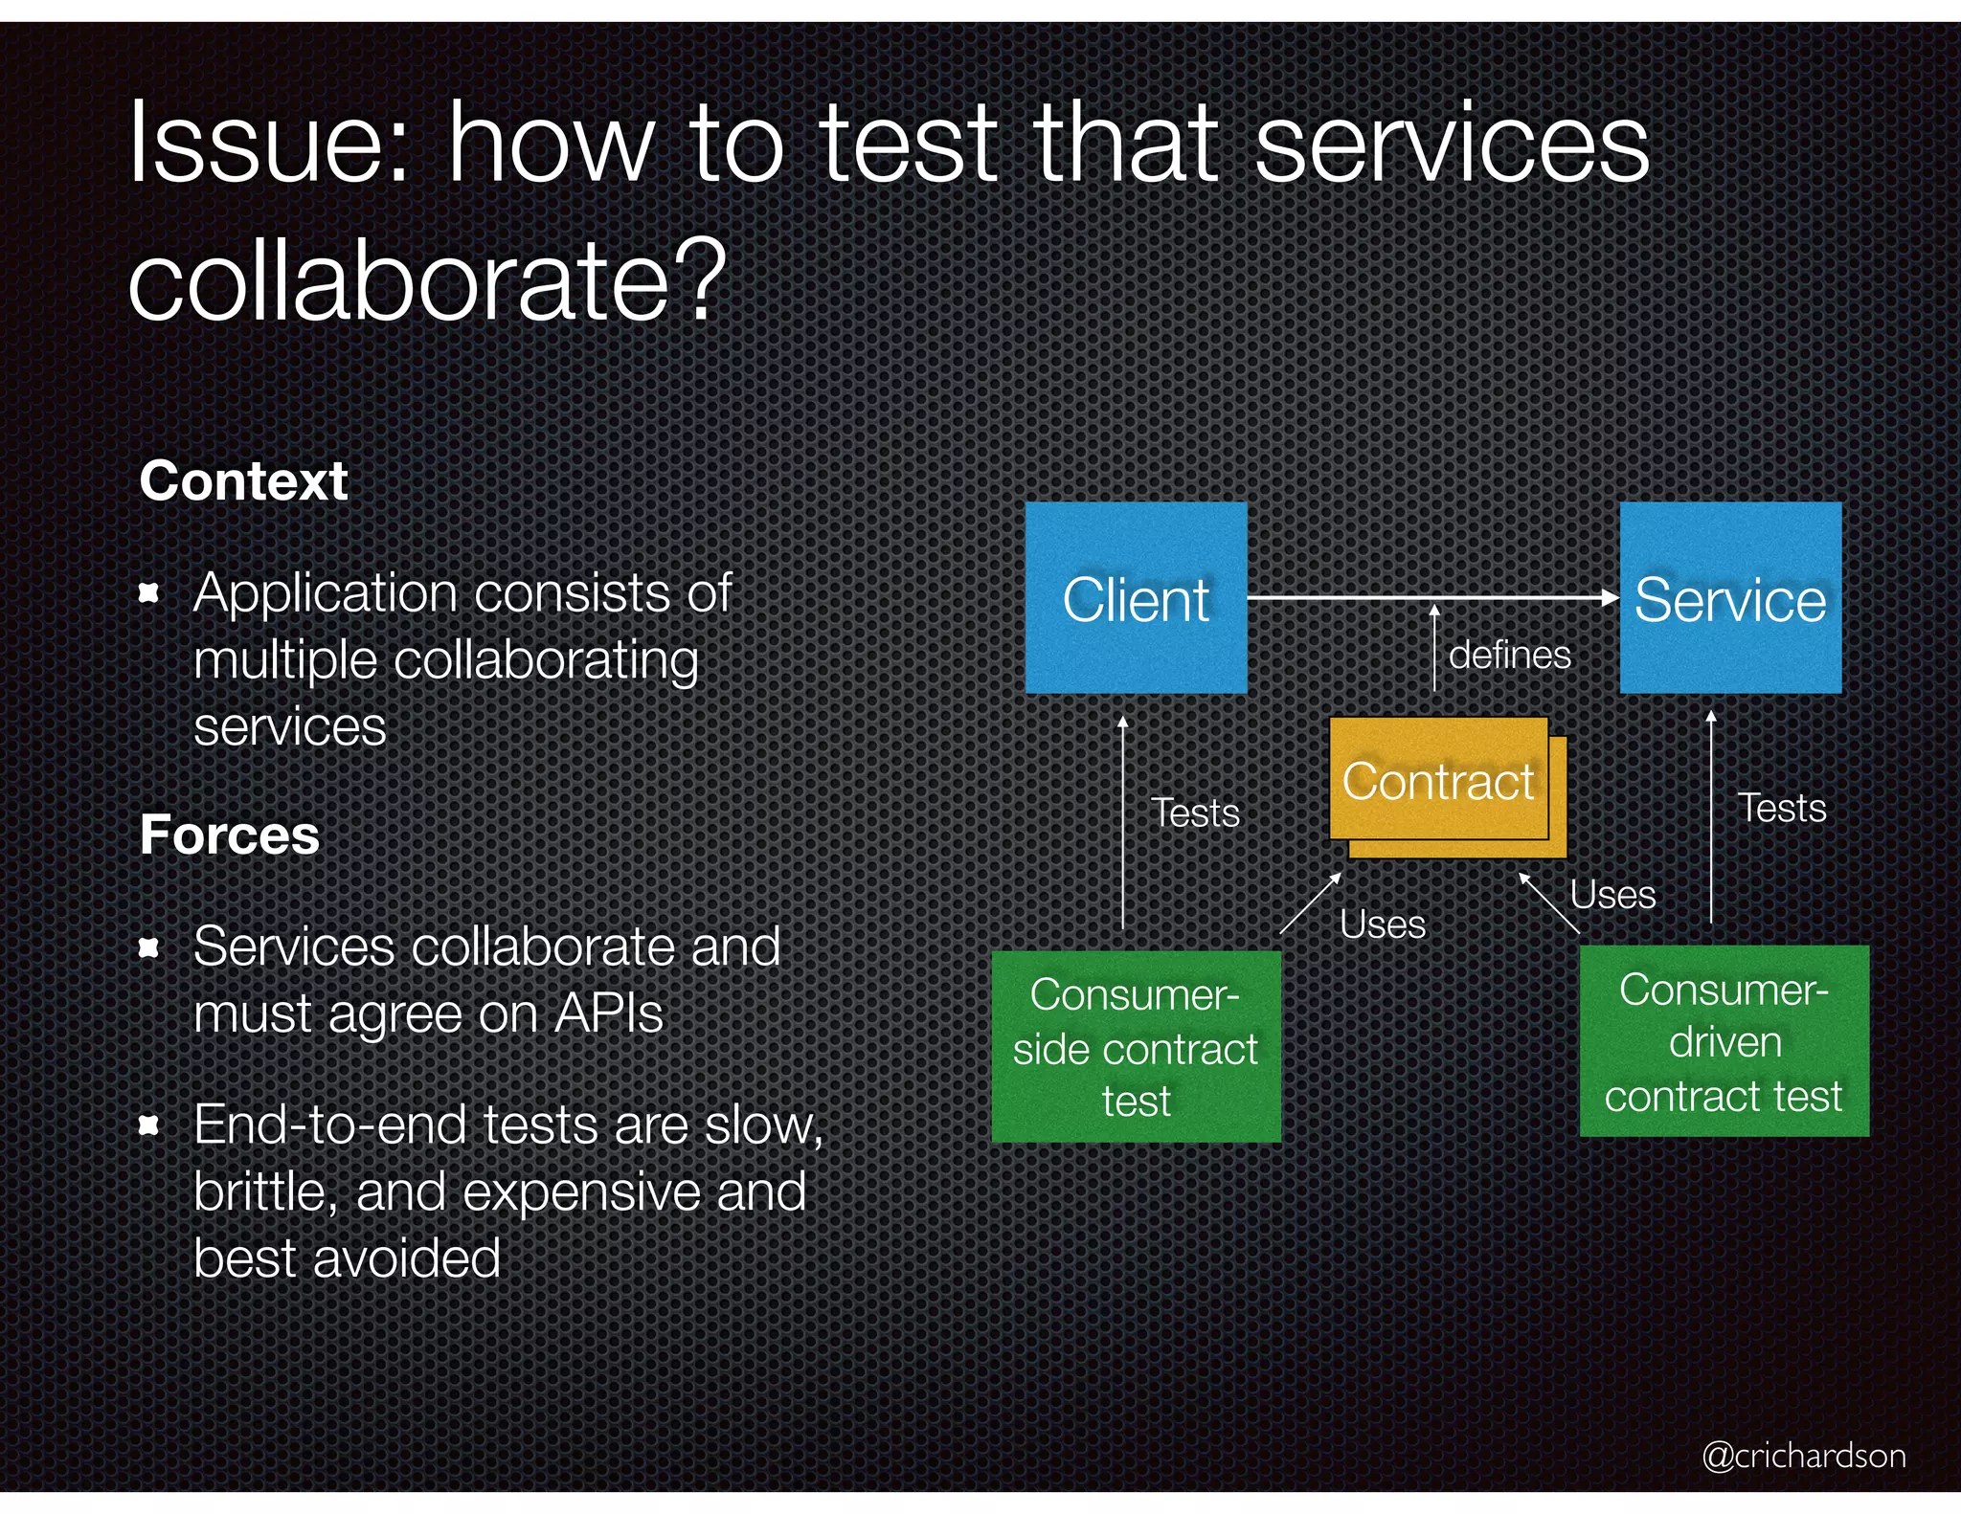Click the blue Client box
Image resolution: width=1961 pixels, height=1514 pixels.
tap(1136, 598)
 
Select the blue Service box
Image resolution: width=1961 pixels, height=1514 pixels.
tap(1729, 598)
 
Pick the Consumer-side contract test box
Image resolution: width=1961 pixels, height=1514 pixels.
tap(1136, 1046)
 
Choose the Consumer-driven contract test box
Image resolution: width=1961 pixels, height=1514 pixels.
tap(1724, 1041)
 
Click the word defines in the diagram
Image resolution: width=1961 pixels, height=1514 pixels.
tap(1509, 656)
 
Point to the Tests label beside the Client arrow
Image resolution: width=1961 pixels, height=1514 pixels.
tap(1195, 813)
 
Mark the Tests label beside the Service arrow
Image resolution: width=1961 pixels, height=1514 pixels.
tap(1782, 808)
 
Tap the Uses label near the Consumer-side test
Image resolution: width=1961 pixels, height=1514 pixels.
tap(1383, 924)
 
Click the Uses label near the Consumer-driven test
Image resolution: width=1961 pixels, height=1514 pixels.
tap(1612, 895)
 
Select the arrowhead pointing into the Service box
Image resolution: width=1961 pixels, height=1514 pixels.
tap(1611, 597)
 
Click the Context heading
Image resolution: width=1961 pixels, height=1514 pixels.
tap(243, 480)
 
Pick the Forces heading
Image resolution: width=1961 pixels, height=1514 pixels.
tap(229, 835)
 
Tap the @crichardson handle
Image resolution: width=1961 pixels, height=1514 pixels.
tap(1803, 1456)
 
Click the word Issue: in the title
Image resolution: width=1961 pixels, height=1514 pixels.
tap(269, 144)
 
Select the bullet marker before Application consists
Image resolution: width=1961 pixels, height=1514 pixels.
tap(148, 593)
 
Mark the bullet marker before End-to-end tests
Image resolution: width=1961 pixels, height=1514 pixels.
tap(148, 1124)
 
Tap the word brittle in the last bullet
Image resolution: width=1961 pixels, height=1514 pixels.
tap(264, 1192)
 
